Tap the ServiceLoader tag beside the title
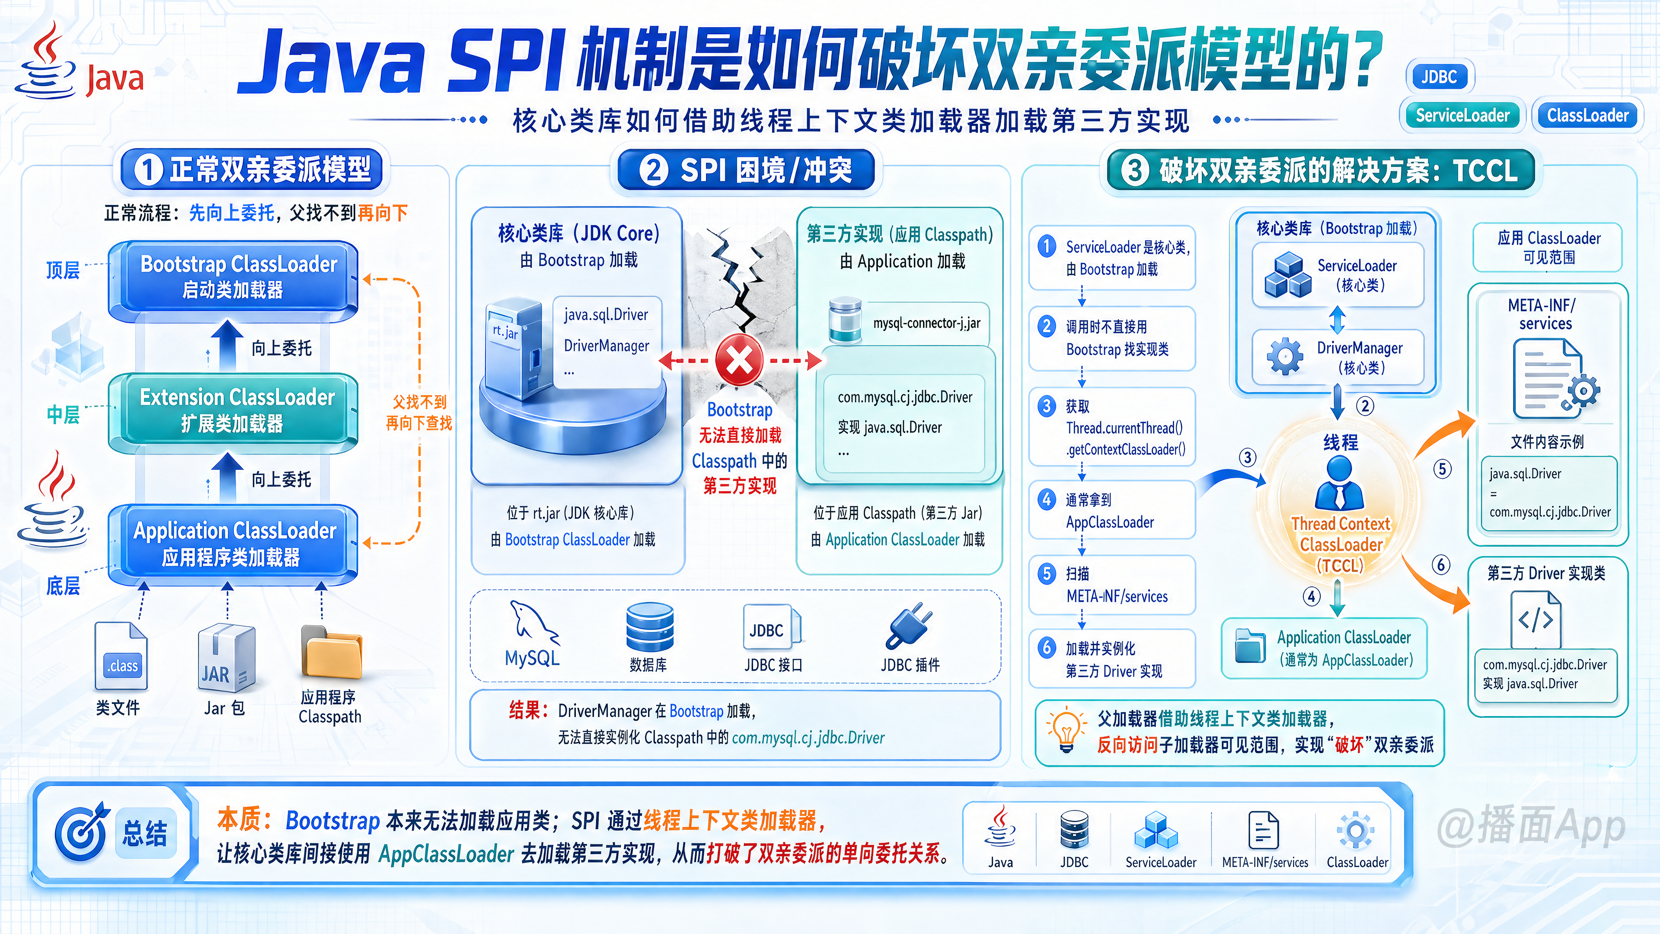pos(1462,115)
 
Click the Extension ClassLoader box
pos(233,411)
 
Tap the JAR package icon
pos(226,657)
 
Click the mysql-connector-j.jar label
pos(927,323)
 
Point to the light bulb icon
pos(1066,731)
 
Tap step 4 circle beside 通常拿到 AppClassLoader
pos(1047,499)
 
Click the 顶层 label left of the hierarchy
pos(63,270)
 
